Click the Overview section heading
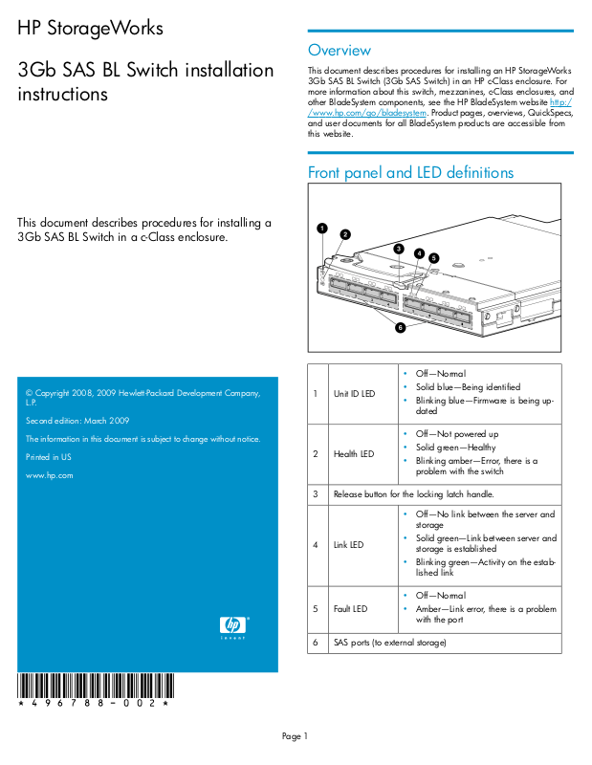(x=339, y=51)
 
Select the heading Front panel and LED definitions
(x=410, y=173)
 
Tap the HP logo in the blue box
(x=233, y=626)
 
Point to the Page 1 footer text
(x=296, y=735)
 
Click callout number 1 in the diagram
(x=322, y=229)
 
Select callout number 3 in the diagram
(x=399, y=249)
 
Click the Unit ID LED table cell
(x=354, y=393)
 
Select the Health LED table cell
(x=353, y=453)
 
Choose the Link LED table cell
(x=348, y=544)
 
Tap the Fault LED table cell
(x=350, y=608)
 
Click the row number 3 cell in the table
(x=316, y=494)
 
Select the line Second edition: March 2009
(x=77, y=421)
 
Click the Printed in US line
(x=49, y=457)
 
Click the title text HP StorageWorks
(x=91, y=29)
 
